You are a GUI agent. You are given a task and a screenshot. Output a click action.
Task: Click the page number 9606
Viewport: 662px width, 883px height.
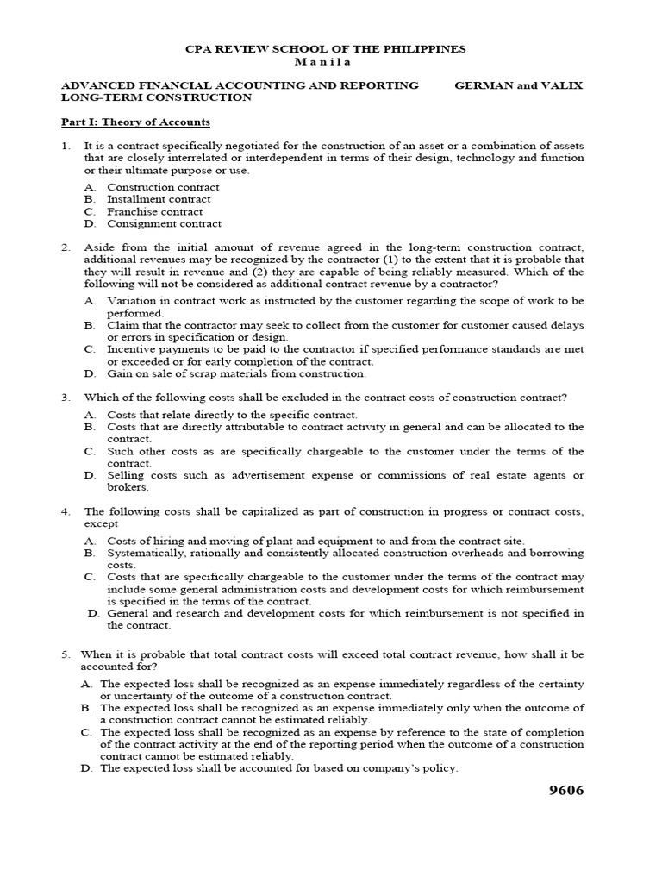click(x=561, y=792)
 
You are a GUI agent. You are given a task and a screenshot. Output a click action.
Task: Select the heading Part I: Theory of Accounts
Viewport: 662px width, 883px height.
click(x=135, y=122)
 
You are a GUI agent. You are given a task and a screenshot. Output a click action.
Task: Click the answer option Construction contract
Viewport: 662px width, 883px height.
click(x=163, y=187)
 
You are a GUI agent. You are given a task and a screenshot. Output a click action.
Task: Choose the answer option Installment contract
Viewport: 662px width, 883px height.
click(x=159, y=199)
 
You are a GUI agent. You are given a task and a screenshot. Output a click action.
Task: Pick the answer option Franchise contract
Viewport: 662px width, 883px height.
click(x=155, y=211)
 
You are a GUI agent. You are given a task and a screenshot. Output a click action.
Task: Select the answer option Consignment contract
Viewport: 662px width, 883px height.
click(x=164, y=223)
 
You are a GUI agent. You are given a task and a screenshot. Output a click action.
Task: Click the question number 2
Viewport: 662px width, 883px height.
click(x=66, y=247)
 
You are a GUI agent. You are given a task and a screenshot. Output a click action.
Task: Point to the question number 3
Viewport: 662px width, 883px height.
click(x=66, y=398)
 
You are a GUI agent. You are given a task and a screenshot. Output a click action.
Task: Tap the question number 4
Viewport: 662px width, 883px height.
click(x=66, y=511)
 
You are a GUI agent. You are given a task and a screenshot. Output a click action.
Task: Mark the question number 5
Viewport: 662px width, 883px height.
click(x=66, y=654)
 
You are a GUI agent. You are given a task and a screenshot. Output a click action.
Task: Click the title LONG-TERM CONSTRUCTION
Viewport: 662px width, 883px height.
click(x=156, y=97)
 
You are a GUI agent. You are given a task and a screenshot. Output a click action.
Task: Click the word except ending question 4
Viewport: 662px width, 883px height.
click(x=101, y=523)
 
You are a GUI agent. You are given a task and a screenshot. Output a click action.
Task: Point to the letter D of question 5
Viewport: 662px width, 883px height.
click(x=86, y=768)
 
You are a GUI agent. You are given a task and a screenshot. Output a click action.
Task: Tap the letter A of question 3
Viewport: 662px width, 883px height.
click(x=90, y=415)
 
